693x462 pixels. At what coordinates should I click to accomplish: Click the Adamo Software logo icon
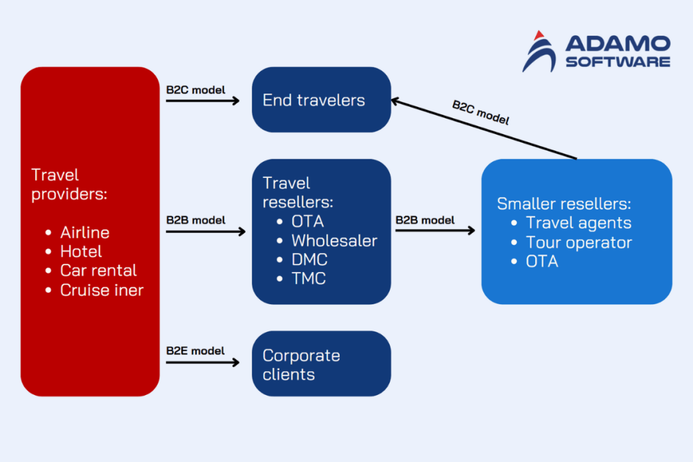tap(539, 51)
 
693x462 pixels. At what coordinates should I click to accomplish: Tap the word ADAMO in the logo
tap(617, 45)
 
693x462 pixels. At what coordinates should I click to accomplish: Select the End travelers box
tap(321, 100)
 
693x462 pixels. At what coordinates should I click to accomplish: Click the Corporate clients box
tap(321, 364)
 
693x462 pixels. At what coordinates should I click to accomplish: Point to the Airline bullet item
tap(85, 232)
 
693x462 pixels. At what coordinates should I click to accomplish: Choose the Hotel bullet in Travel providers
tap(81, 252)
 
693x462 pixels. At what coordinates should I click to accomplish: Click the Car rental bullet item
tap(98, 271)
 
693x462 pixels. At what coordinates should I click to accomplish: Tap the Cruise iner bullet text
tap(102, 290)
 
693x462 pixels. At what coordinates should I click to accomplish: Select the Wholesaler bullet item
tap(334, 240)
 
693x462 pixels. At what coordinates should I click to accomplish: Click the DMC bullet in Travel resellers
tap(309, 259)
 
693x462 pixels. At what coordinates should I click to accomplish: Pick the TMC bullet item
tap(309, 278)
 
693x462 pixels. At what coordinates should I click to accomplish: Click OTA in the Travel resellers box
tap(307, 221)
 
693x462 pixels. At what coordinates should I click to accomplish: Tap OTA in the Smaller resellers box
tap(542, 261)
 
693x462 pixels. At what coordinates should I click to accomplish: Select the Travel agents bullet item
tap(579, 223)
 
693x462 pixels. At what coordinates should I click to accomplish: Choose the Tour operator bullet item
tap(579, 242)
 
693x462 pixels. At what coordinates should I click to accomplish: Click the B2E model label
tap(196, 350)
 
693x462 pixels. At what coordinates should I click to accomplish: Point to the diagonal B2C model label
tap(480, 113)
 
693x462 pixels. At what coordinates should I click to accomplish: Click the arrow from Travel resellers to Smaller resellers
tap(435, 231)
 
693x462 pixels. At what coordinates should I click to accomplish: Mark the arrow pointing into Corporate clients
tap(202, 363)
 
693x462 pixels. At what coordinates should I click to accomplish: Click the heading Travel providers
tap(70, 185)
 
